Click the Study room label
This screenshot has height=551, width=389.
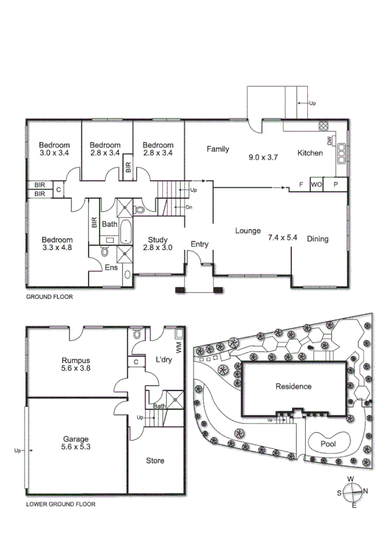pos(158,238)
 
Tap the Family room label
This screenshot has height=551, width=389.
pos(218,149)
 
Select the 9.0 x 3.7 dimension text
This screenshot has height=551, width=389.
pos(263,157)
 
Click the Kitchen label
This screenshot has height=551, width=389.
pos(310,153)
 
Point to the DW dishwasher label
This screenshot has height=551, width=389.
pos(329,140)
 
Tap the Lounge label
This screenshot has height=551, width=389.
pos(247,231)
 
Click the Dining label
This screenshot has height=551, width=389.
pos(318,238)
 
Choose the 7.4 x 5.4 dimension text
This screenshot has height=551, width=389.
pos(282,238)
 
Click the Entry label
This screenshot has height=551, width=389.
pos(199,244)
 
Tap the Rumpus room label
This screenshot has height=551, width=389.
pos(75,361)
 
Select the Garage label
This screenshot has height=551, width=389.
pos(75,439)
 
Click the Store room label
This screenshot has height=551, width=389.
pos(155,461)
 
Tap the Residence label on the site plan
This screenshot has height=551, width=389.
pos(294,387)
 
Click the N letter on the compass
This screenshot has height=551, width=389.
pos(365,491)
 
